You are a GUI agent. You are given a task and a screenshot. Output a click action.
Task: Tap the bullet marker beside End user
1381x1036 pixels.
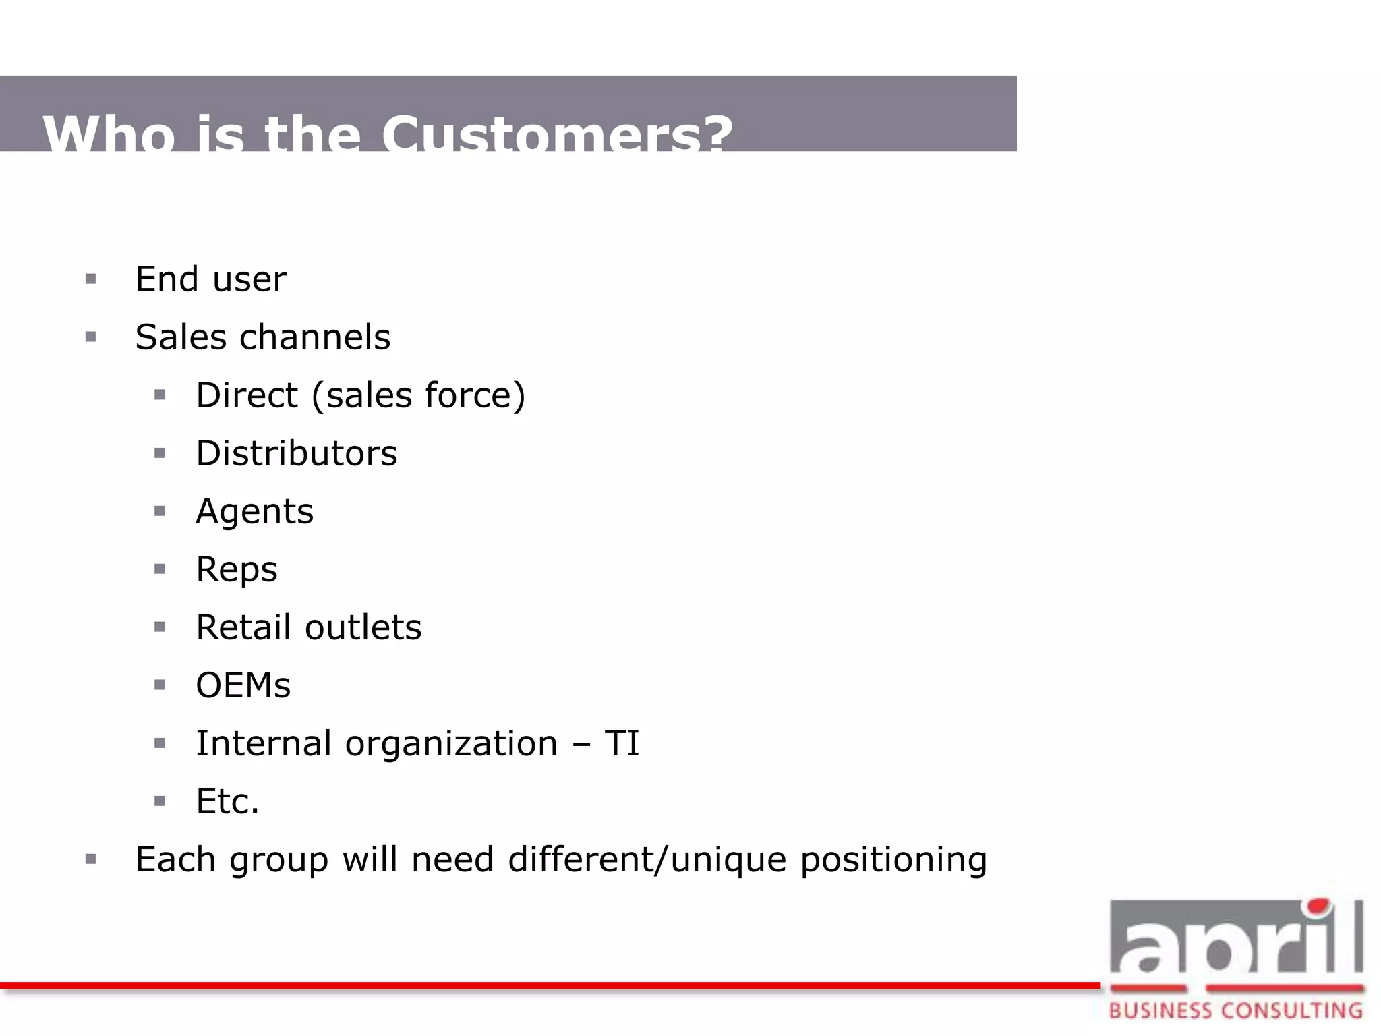click(x=91, y=279)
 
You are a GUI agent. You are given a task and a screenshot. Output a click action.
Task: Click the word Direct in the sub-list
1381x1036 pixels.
click(x=247, y=395)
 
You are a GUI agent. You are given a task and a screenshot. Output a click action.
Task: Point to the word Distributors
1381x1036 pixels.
click(x=296, y=453)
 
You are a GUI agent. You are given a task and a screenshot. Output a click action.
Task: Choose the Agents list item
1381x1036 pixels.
click(x=254, y=511)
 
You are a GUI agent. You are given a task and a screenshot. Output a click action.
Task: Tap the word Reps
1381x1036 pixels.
click(x=236, y=569)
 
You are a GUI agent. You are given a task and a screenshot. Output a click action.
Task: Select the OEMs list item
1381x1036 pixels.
click(x=243, y=685)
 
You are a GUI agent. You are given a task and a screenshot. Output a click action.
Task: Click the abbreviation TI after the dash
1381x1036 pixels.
click(x=622, y=743)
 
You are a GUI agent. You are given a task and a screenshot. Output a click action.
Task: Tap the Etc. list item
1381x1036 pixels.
click(x=227, y=801)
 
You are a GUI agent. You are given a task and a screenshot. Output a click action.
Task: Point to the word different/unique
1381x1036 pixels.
click(x=647, y=860)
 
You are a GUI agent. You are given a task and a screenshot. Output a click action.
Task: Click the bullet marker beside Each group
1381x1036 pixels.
click(x=91, y=859)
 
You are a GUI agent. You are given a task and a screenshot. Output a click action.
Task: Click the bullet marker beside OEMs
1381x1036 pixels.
click(x=160, y=685)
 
